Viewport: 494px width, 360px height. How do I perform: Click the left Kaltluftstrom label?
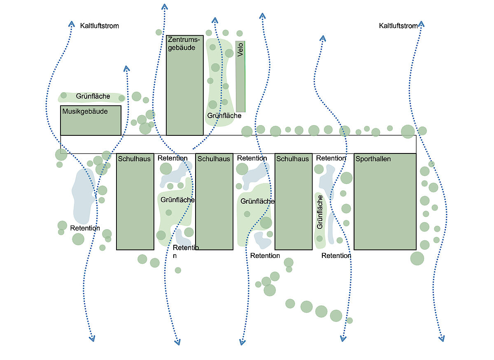pyautogui.click(x=100, y=26)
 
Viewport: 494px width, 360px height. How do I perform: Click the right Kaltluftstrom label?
pyautogui.click(x=398, y=26)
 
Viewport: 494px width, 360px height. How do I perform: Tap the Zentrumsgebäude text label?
pyautogui.click(x=184, y=44)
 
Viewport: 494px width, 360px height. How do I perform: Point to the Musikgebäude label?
pyautogui.click(x=85, y=111)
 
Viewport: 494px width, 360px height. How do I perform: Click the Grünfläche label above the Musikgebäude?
pyautogui.click(x=93, y=96)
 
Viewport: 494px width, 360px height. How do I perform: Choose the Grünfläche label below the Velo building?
pyautogui.click(x=224, y=116)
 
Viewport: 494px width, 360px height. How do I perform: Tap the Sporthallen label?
pyautogui.click(x=373, y=159)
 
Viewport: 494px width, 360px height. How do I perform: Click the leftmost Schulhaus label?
pyautogui.click(x=135, y=159)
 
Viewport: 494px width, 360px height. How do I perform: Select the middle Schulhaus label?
pyautogui.click(x=214, y=159)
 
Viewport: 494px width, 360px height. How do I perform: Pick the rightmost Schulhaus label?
pyautogui.click(x=293, y=159)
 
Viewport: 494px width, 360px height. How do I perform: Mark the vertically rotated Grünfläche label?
pyautogui.click(x=320, y=212)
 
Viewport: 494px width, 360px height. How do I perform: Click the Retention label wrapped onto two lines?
pyautogui.click(x=186, y=251)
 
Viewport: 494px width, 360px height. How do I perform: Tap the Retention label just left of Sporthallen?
pyautogui.click(x=331, y=158)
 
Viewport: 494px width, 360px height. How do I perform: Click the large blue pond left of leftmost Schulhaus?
pyautogui.click(x=84, y=195)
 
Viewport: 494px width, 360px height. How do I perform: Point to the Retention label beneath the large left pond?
pyautogui.click(x=85, y=228)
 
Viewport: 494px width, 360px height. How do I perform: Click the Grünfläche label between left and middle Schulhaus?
pyautogui.click(x=177, y=200)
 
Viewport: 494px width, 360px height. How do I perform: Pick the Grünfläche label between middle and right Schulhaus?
pyautogui.click(x=257, y=201)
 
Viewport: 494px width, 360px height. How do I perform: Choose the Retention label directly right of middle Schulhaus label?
pyautogui.click(x=252, y=158)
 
